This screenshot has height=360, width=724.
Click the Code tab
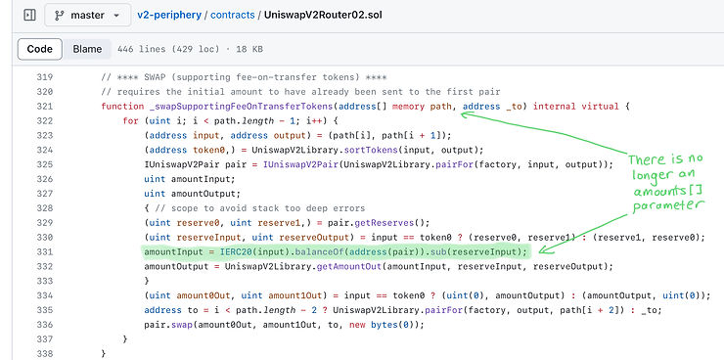pos(39,49)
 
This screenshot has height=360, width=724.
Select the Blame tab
pos(87,49)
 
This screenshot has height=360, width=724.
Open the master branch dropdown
pos(87,16)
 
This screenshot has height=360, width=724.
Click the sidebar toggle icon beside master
pos(29,16)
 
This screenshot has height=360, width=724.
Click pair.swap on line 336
pos(164,324)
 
